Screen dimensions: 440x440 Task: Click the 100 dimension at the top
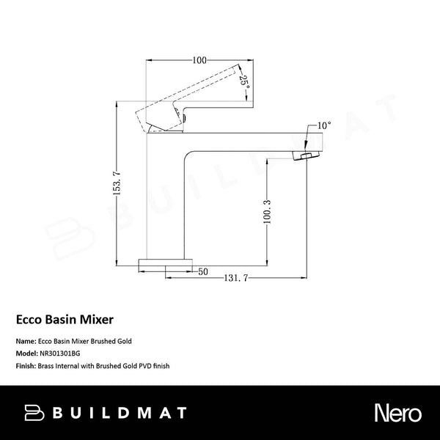(x=199, y=59)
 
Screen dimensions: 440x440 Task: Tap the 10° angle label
(x=325, y=127)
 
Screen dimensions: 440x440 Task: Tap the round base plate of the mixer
(x=166, y=263)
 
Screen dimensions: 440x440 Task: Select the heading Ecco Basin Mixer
(x=64, y=320)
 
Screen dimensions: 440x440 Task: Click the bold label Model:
(x=26, y=352)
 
